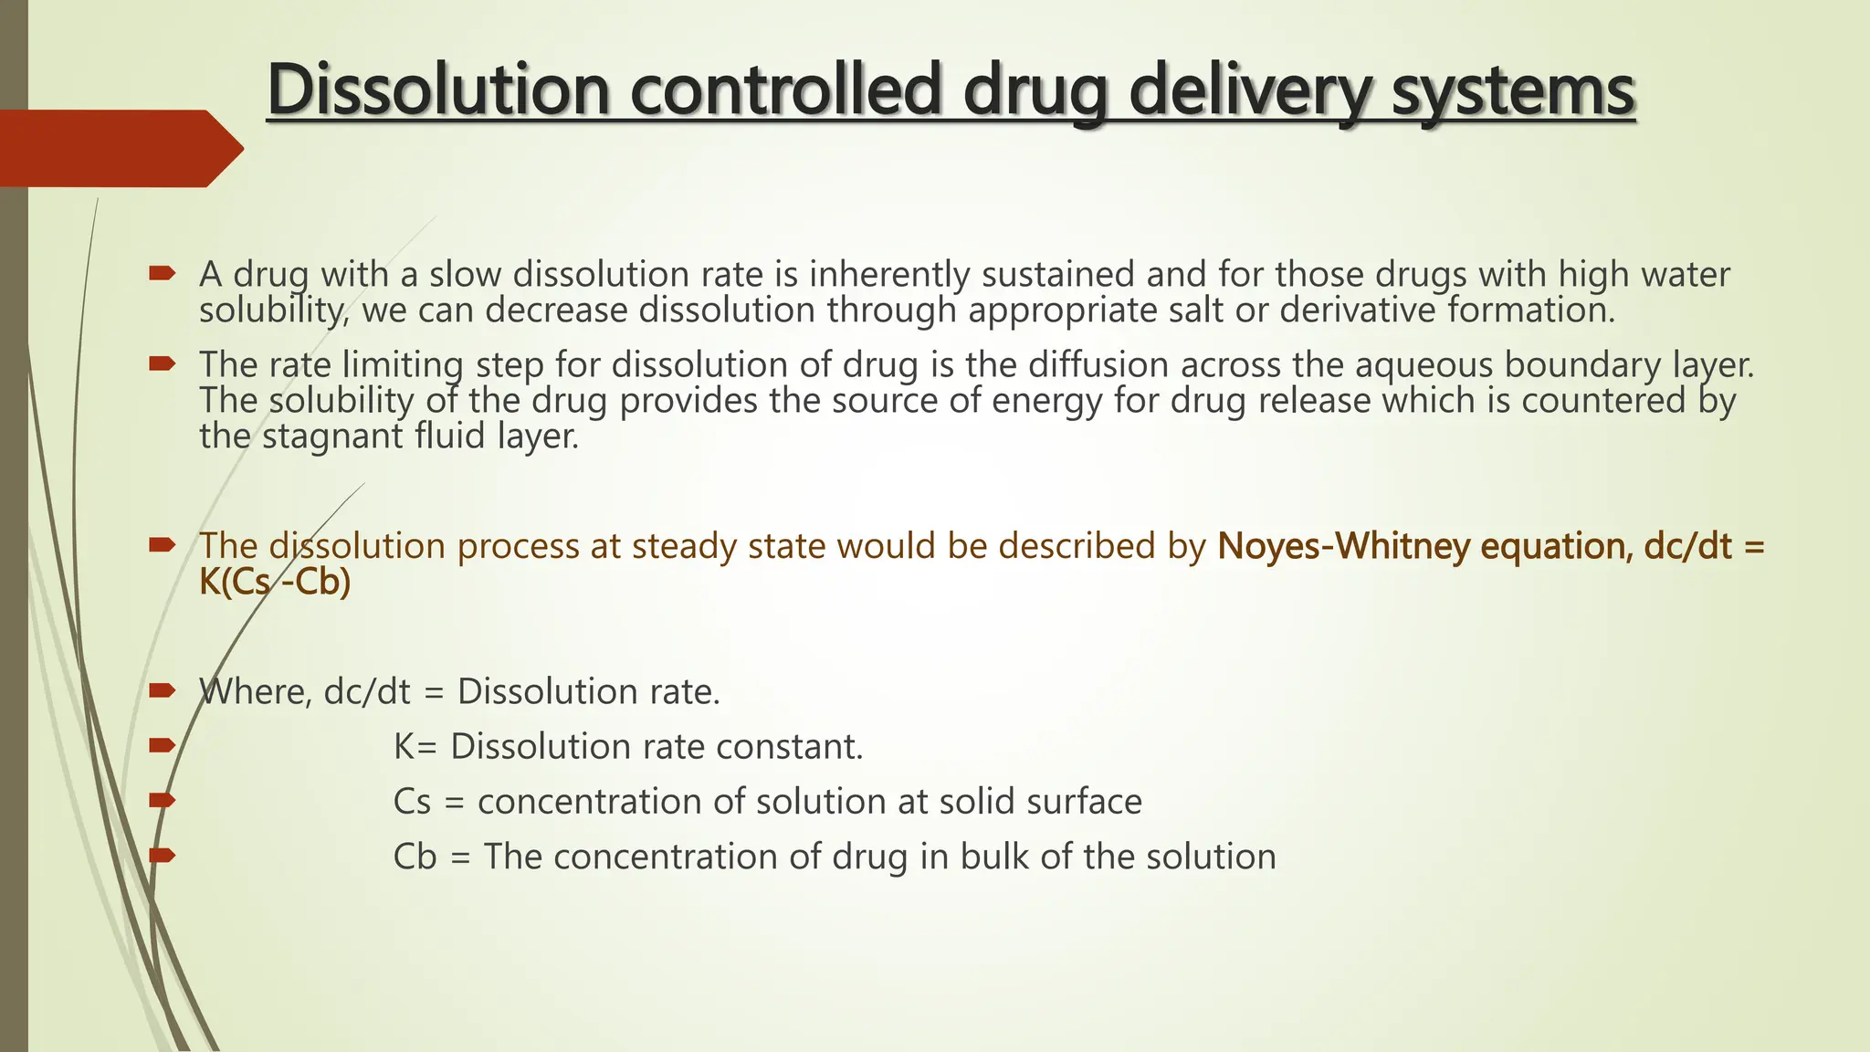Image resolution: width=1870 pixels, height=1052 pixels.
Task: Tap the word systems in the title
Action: pyautogui.click(x=1513, y=89)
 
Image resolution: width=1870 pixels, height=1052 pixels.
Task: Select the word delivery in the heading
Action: pyautogui.click(x=1250, y=89)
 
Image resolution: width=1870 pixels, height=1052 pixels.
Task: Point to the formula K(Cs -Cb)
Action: pyautogui.click(x=275, y=582)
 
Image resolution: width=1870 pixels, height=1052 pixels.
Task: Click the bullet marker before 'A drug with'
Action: pyautogui.click(x=162, y=273)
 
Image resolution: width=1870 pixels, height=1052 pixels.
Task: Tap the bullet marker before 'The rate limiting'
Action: pyautogui.click(x=162, y=364)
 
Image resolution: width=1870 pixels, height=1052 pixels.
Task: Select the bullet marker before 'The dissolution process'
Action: pyautogui.click(x=162, y=545)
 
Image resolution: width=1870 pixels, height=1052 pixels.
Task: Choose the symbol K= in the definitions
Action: pyautogui.click(x=415, y=747)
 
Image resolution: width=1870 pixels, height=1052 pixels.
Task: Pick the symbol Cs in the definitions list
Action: pyautogui.click(x=412, y=802)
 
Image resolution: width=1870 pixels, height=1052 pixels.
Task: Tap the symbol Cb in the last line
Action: pyautogui.click(x=415, y=857)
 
